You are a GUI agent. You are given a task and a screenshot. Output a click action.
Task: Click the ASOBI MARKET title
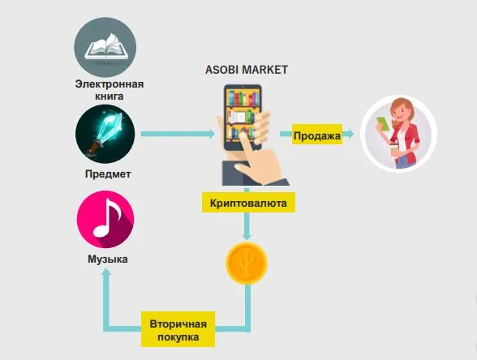pos(247,70)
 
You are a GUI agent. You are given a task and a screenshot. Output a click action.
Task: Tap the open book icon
pos(105,47)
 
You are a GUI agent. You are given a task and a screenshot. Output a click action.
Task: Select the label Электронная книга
pos(110,90)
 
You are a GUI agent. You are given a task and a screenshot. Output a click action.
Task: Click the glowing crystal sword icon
pos(105,134)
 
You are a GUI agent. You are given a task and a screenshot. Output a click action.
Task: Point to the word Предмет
pos(108,174)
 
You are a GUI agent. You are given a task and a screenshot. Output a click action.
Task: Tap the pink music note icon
pos(105,219)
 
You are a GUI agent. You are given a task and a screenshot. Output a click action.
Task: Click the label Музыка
pos(108,259)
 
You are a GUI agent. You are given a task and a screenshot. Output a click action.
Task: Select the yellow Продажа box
pos(317,134)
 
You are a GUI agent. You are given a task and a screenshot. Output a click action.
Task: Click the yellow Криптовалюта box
pos(248,203)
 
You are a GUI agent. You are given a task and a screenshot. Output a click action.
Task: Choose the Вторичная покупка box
pos(178,329)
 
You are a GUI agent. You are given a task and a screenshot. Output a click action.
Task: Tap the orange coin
pos(247,264)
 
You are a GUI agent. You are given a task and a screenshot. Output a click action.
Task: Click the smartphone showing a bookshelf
pos(243,118)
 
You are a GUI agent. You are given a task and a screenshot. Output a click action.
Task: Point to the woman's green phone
pos(383,124)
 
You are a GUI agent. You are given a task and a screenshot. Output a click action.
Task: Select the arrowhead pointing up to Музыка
pos(106,273)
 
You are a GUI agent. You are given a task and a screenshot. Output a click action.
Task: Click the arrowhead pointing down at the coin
pos(247,236)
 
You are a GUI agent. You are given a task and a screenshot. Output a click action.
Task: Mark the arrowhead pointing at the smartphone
pos(211,134)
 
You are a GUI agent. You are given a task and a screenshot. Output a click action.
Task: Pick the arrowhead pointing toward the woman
pos(350,134)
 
